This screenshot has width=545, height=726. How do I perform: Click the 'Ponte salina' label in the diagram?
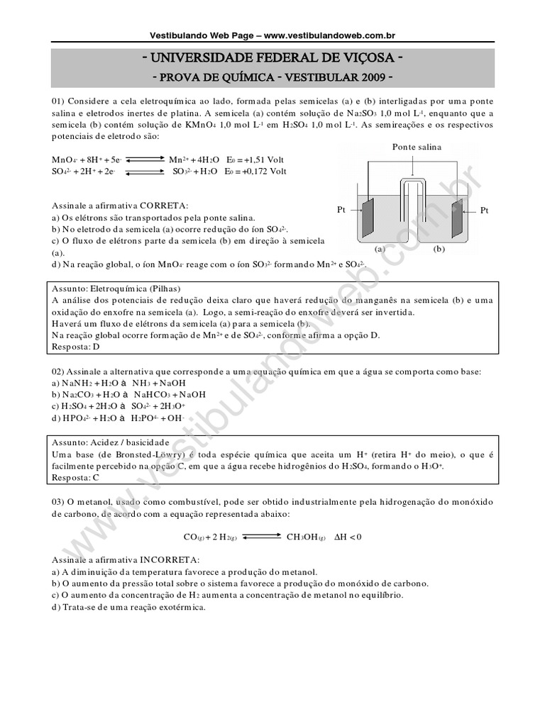coord(417,147)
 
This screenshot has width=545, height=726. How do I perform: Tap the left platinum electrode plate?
coord(368,218)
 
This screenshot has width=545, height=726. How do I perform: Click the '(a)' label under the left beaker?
coord(380,250)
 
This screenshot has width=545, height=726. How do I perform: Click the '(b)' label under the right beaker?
coord(439,250)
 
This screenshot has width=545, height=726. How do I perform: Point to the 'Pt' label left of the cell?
coord(341,211)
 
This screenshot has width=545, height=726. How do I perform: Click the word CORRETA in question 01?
coord(163,205)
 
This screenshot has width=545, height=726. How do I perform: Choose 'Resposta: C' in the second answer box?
coord(76,478)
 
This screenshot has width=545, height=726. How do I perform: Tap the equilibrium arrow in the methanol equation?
coord(261,537)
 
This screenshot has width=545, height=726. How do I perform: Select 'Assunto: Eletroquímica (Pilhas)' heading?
coord(117,289)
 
